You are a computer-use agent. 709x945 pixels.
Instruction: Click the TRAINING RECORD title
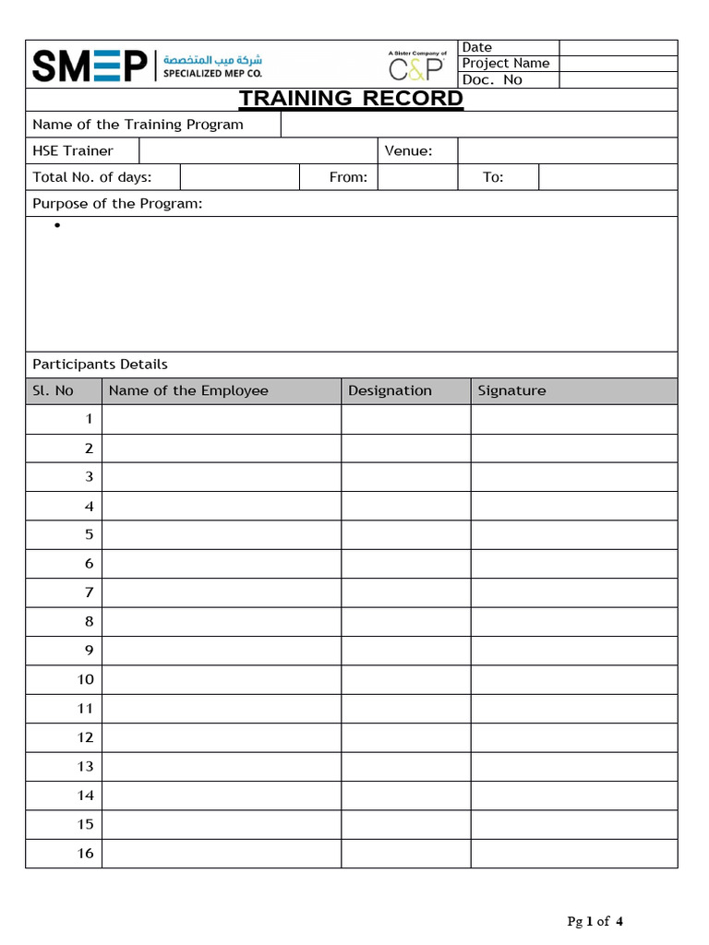(x=351, y=99)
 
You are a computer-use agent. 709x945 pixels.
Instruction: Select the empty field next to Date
(x=618, y=48)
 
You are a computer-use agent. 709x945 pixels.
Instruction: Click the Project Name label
(x=505, y=64)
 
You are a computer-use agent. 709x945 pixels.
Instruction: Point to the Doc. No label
(x=492, y=80)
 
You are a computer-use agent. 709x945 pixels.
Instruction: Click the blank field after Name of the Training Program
(x=478, y=125)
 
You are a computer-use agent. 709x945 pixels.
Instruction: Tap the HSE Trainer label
(x=73, y=151)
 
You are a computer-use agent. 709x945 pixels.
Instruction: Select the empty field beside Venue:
(x=567, y=151)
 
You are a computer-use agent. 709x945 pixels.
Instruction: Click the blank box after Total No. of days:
(x=239, y=177)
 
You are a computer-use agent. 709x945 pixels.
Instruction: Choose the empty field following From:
(x=417, y=177)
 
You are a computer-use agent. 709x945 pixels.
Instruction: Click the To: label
(x=493, y=177)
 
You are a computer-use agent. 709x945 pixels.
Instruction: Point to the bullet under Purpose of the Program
(x=57, y=226)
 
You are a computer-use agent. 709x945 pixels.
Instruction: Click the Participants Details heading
(x=100, y=365)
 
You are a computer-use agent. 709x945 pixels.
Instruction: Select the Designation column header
(x=390, y=391)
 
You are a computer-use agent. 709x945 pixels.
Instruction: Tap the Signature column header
(x=511, y=391)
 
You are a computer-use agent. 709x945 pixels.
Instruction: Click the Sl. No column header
(x=53, y=391)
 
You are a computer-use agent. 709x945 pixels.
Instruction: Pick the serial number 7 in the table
(x=90, y=592)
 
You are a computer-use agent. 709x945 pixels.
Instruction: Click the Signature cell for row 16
(x=573, y=854)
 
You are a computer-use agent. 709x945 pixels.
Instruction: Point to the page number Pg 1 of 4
(x=595, y=921)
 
